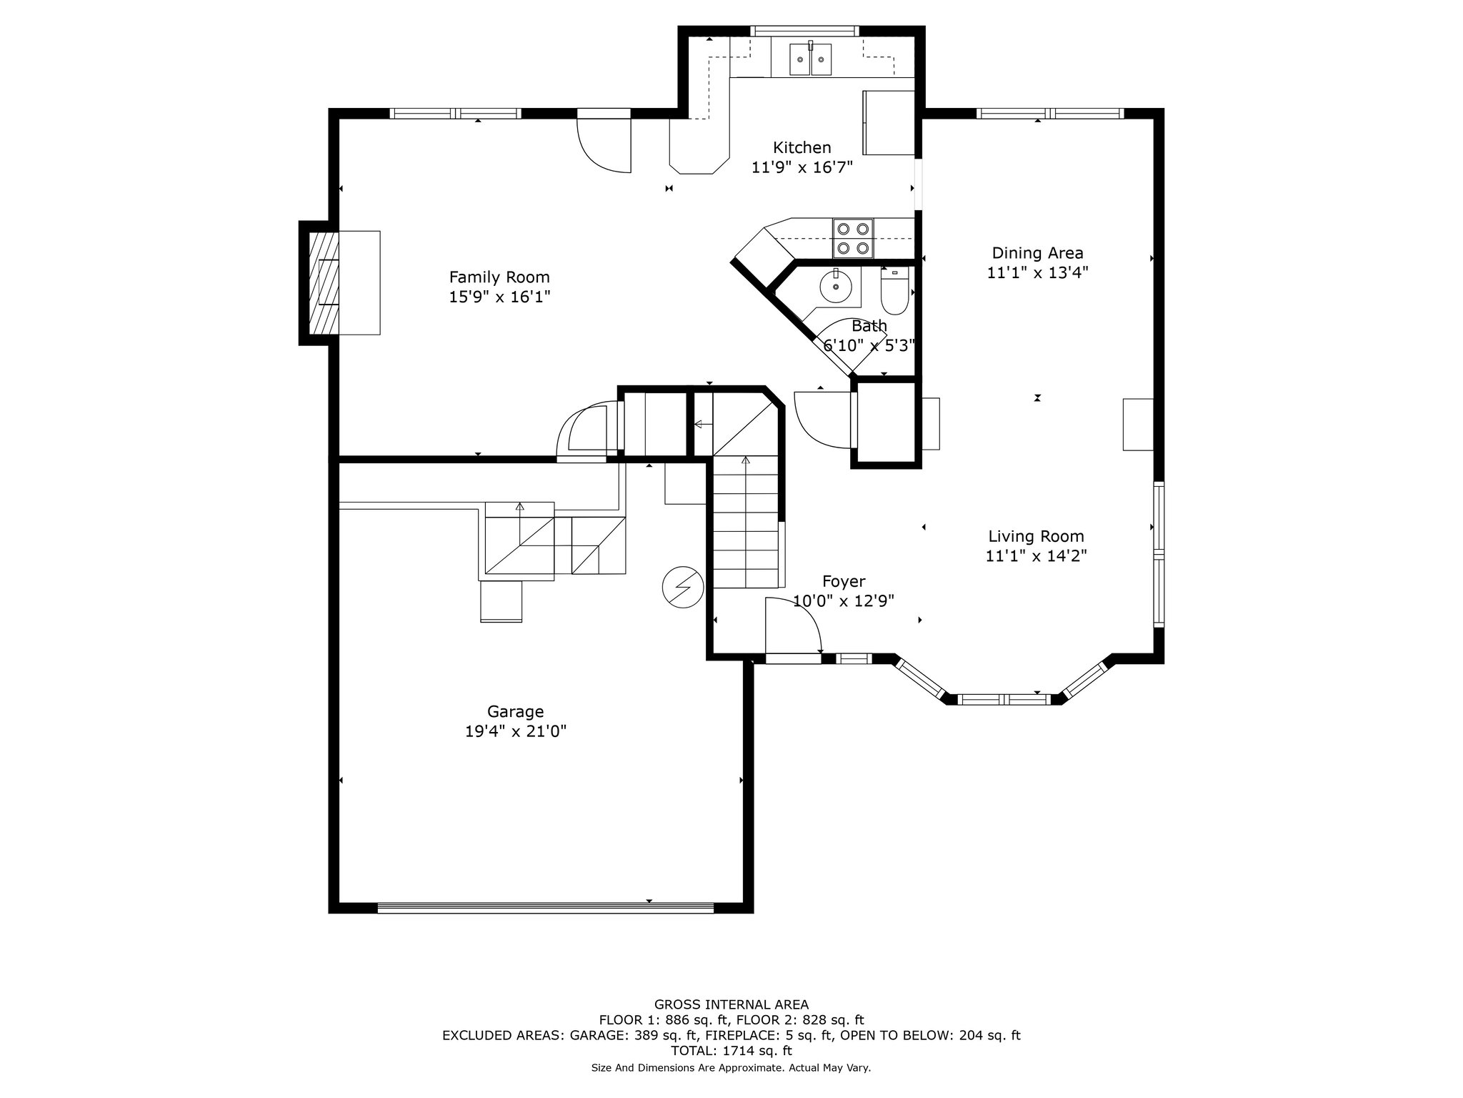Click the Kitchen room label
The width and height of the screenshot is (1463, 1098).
(802, 148)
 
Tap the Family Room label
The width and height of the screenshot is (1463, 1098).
(499, 277)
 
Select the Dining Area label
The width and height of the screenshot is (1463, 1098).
(1037, 253)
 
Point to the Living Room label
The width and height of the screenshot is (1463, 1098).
(1036, 537)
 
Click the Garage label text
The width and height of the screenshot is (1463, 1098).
(515, 712)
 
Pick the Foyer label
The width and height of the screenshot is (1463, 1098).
(844, 582)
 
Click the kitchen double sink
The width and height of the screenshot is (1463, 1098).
(811, 59)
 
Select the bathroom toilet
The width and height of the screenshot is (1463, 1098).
(894, 291)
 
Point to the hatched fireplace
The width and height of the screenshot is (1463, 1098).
(324, 282)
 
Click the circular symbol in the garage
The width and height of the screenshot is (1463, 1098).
(683, 587)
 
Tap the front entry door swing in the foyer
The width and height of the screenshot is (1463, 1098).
(793, 626)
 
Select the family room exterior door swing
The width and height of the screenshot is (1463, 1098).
(604, 145)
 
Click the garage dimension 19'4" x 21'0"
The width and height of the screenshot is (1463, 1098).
(515, 732)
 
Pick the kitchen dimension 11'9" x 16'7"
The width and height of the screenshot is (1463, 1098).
(802, 168)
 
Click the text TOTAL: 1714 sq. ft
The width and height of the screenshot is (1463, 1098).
(731, 1051)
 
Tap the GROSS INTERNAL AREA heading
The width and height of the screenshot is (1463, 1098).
(731, 1004)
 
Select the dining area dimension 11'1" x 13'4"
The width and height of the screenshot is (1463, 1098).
(1037, 273)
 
